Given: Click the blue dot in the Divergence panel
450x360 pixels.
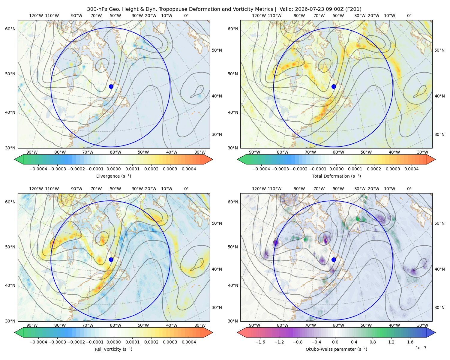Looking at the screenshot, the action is pyautogui.click(x=111, y=86).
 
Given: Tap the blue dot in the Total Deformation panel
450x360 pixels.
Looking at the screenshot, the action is pyautogui.click(x=334, y=86).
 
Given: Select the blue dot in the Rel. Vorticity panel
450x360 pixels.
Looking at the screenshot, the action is pyautogui.click(x=111, y=259).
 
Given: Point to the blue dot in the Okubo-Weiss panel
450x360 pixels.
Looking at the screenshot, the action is pyautogui.click(x=334, y=259).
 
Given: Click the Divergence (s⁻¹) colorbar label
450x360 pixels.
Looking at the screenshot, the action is pyautogui.click(x=113, y=176).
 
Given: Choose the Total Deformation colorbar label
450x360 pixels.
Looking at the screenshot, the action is pyautogui.click(x=336, y=176).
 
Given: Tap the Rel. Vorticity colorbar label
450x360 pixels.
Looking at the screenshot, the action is pyautogui.click(x=113, y=349).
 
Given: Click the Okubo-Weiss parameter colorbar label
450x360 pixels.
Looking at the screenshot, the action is pyautogui.click(x=336, y=349).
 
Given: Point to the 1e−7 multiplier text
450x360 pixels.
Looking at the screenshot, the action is pyautogui.click(x=421, y=348).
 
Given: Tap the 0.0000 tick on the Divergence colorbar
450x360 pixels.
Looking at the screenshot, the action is pyautogui.click(x=113, y=169).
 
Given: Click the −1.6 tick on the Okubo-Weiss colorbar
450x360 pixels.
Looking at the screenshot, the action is pyautogui.click(x=260, y=342).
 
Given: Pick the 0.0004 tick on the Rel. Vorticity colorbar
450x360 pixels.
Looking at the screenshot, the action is pyautogui.click(x=189, y=342).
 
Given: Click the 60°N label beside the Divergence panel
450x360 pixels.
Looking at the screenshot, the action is pyautogui.click(x=10, y=29).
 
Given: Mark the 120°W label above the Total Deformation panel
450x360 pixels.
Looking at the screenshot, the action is pyautogui.click(x=259, y=16).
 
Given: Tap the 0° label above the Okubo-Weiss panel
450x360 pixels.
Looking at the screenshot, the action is pyautogui.click(x=409, y=189).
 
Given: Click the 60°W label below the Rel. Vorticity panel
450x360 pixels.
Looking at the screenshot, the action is pyautogui.click(x=115, y=325).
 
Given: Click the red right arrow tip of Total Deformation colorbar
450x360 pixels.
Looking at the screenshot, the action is pyautogui.click(x=435, y=159).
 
